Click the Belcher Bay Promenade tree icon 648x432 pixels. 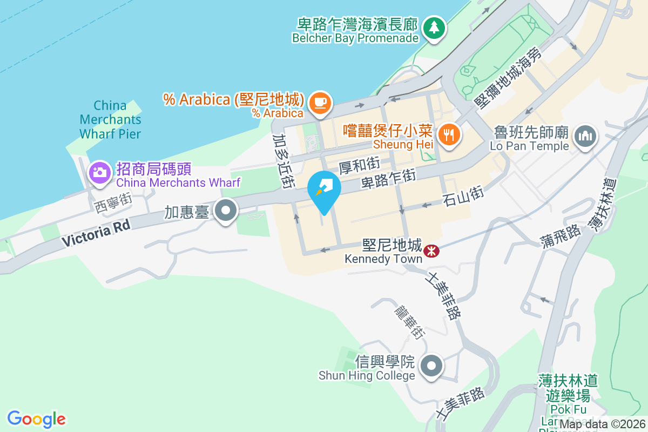point(434,27)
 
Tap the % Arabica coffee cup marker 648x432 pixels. point(320,102)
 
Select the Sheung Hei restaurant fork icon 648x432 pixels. point(449,134)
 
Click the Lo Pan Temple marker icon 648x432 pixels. point(584,136)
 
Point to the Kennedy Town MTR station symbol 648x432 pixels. point(431,251)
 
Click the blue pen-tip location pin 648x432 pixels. point(323,191)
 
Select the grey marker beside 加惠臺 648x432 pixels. point(226,211)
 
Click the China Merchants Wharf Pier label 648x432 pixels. point(110,119)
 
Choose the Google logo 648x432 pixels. point(37,419)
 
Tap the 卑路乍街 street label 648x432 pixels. point(388,179)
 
